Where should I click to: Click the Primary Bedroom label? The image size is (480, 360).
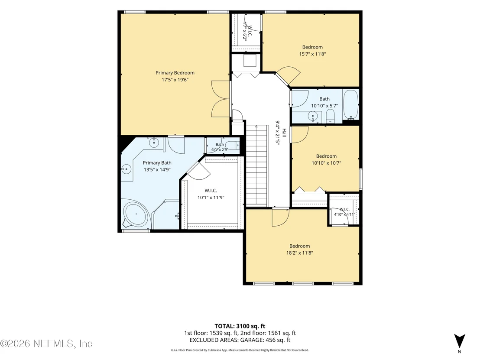click(175, 73)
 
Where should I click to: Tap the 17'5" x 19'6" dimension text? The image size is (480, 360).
click(175, 80)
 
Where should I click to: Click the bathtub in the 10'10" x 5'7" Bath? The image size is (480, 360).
click(350, 104)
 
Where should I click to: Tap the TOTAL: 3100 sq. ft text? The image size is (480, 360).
click(240, 326)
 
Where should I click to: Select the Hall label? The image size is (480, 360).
click(284, 133)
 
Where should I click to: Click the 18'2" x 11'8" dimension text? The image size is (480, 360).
click(299, 253)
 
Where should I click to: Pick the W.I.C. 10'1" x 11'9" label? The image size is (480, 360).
click(211, 194)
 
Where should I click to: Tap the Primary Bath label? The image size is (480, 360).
click(157, 163)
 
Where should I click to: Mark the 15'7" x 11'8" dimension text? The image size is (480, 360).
click(312, 54)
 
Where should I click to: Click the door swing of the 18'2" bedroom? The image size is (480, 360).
click(280, 218)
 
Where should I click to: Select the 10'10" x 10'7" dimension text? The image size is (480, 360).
click(326, 163)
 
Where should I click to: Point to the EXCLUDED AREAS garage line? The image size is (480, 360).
click(240, 340)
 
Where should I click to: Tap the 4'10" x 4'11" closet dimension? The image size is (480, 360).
click(344, 214)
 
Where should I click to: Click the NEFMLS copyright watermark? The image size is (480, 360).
click(46, 344)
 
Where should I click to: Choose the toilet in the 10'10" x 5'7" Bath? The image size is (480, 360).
click(330, 116)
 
